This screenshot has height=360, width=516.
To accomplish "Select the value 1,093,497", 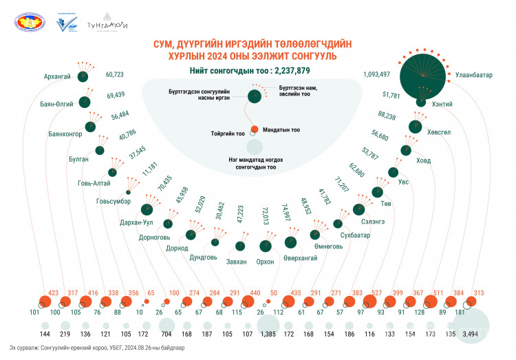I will [x=376, y=74].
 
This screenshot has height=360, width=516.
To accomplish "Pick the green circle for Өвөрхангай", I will [x=292, y=242].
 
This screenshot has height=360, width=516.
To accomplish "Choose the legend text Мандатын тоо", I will [x=282, y=129].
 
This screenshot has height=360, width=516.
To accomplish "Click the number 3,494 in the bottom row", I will [x=471, y=333].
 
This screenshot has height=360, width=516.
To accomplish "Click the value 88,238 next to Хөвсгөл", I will [x=387, y=115].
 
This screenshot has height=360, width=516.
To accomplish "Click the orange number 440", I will [x=255, y=292].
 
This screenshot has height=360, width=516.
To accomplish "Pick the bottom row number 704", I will [x=165, y=333].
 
